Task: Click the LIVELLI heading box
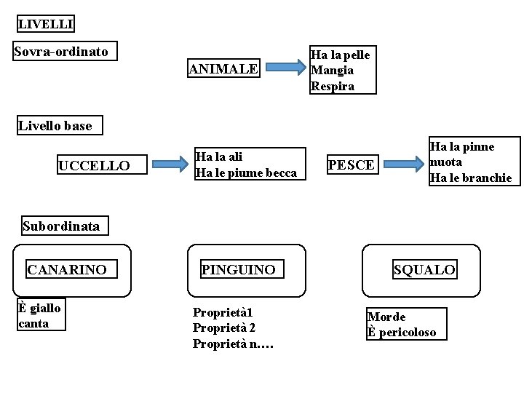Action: pos(45,24)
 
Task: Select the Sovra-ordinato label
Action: pos(61,52)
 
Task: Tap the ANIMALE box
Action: pos(223,69)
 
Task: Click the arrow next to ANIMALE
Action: pos(285,69)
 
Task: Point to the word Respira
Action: pos(332,86)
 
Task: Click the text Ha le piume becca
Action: pos(245,172)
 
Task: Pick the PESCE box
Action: pos(351,165)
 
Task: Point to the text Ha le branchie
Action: pos(471,178)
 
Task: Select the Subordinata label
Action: pos(61,226)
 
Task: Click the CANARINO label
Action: pos(67,270)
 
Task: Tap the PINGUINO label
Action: pos(238,270)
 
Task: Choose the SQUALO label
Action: pos(424,270)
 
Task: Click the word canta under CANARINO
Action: pos(33,323)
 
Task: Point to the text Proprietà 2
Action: pos(224,327)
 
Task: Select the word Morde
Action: pos(386,317)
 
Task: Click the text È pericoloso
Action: pos(402,333)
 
